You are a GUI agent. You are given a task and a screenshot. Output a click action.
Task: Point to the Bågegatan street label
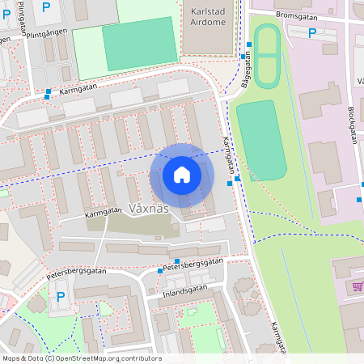pyautogui.click(x=246, y=70)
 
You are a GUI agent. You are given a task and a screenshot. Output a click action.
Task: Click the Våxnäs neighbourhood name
pyautogui.click(x=149, y=208)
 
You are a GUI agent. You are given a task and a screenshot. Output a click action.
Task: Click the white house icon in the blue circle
pyautogui.click(x=182, y=175)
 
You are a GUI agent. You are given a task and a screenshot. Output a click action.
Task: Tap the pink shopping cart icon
pyautogui.click(x=358, y=286)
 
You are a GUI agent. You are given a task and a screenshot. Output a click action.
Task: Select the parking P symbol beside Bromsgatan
pyautogui.click(x=312, y=33)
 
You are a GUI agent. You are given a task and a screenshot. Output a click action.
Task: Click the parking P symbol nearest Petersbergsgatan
pyautogui.click(x=61, y=297)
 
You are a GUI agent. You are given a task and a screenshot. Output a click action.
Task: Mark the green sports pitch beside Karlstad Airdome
pyautogui.click(x=139, y=44)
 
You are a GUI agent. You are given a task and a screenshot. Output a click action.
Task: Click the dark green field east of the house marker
pyautogui.click(x=260, y=140)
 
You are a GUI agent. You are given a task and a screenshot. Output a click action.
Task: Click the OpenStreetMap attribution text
pyautogui.click(x=81, y=358)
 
